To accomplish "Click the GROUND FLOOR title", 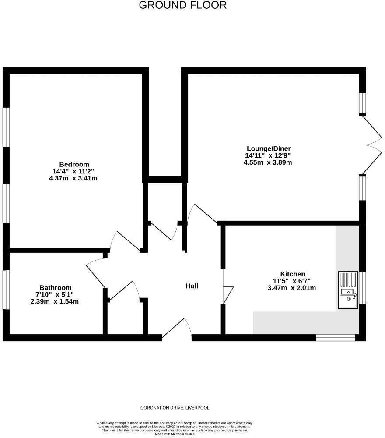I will tap(183, 5).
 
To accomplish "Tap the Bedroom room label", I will tap(74, 164).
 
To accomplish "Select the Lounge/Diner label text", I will tap(268, 148).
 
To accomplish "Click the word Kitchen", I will tap(293, 274).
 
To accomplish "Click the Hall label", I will tap(192, 286).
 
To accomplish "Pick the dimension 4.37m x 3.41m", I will tap(73, 178).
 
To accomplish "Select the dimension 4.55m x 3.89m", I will tap(268, 162).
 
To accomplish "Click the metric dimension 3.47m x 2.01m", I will tap(292, 288).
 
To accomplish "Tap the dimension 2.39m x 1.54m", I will tap(54, 302).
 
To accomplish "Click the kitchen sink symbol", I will tap(348, 290).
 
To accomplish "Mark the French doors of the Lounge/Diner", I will tap(372, 145).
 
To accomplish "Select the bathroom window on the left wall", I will tap(6, 290).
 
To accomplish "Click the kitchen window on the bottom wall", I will tap(336, 337).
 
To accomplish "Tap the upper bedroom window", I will tap(6, 127).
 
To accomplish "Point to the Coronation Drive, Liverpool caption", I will tap(175, 408).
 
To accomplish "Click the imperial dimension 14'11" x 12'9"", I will tap(268, 155).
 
